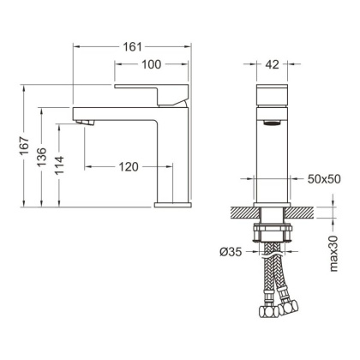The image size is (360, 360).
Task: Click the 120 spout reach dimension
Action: click(x=127, y=167)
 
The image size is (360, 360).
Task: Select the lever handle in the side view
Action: click(x=153, y=90)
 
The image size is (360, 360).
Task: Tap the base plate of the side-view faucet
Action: click(x=175, y=205)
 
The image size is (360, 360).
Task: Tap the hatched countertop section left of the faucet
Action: click(x=243, y=212)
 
